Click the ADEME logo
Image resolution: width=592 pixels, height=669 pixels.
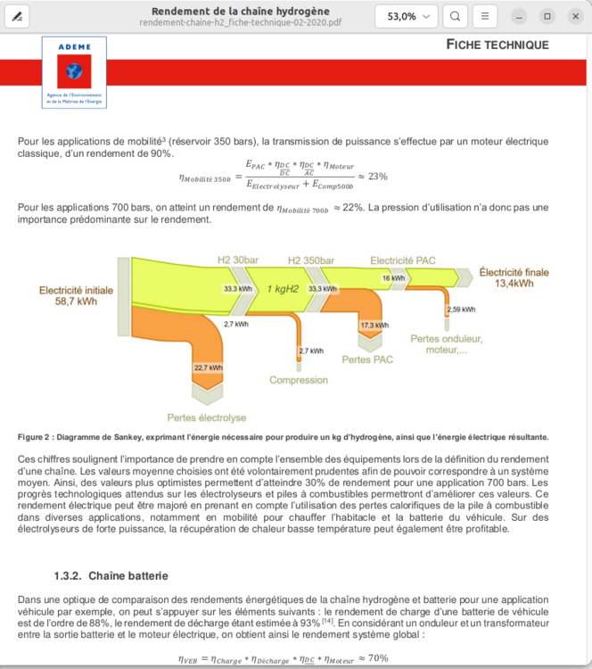point(74,72)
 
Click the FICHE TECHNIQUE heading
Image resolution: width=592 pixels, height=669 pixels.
point(497,45)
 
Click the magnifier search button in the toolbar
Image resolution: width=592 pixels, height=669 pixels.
point(455,16)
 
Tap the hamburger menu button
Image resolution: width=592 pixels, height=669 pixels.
point(484,16)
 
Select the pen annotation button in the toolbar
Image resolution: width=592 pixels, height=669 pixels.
point(17,16)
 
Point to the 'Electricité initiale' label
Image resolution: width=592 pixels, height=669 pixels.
point(76,295)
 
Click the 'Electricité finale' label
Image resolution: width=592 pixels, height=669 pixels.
point(514,277)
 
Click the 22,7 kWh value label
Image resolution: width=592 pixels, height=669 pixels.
point(209,367)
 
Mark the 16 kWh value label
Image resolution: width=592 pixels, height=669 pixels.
point(393,278)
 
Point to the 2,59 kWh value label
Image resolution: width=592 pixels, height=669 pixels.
point(461,310)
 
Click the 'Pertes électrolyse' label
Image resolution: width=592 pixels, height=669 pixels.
point(206,417)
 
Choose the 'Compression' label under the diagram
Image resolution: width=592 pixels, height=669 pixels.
point(299,380)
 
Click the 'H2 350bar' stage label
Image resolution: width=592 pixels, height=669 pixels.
point(311,260)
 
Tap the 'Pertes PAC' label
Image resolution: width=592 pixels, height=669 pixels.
point(367,359)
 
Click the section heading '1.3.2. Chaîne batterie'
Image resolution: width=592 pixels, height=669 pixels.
point(111,575)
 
